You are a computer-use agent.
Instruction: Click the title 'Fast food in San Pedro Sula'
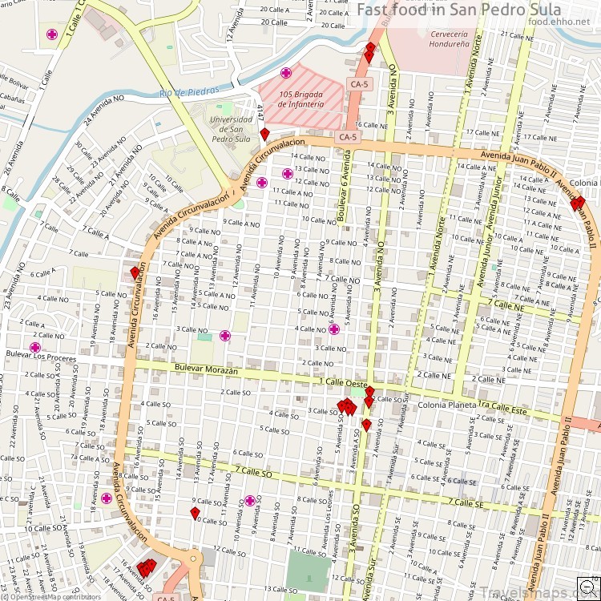[472, 9]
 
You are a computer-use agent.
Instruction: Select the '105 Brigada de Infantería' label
[302, 99]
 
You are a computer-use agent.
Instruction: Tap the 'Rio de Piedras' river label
[188, 91]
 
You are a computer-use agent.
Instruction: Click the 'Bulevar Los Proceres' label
[33, 357]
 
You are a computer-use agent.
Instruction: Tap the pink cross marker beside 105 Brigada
[286, 73]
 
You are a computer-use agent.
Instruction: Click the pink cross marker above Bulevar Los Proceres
[34, 347]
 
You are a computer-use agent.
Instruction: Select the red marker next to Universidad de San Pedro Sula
[264, 134]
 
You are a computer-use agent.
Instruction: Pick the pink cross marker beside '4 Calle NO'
[334, 329]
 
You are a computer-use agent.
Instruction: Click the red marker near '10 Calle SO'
[195, 512]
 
